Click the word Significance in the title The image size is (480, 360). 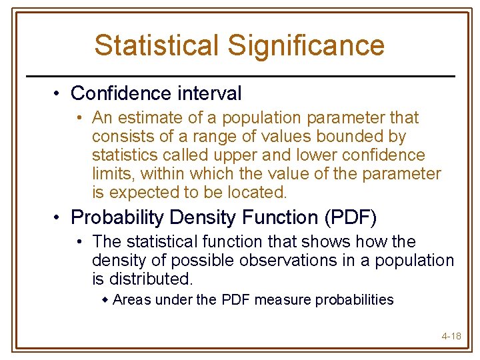306,45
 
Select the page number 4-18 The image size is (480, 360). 451,335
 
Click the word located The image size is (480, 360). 257,193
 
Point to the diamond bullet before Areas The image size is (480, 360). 105,300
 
